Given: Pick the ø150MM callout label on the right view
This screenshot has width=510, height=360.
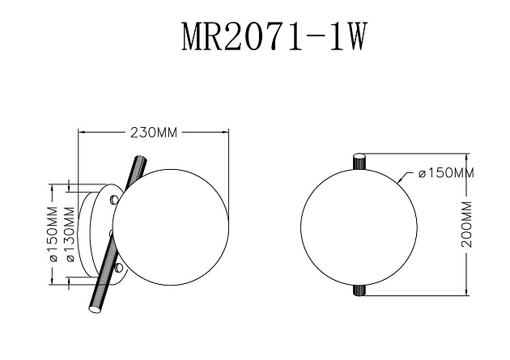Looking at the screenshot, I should pos(446,173).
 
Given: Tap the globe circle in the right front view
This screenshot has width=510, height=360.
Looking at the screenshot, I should pos(359,222).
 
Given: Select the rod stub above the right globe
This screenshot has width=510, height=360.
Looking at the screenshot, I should pos(359,160).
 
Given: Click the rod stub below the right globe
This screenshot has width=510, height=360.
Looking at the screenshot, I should pos(359,289).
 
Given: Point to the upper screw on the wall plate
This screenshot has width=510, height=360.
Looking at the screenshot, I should pos(114,197).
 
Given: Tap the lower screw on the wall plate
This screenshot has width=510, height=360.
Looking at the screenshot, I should pos(118,266).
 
